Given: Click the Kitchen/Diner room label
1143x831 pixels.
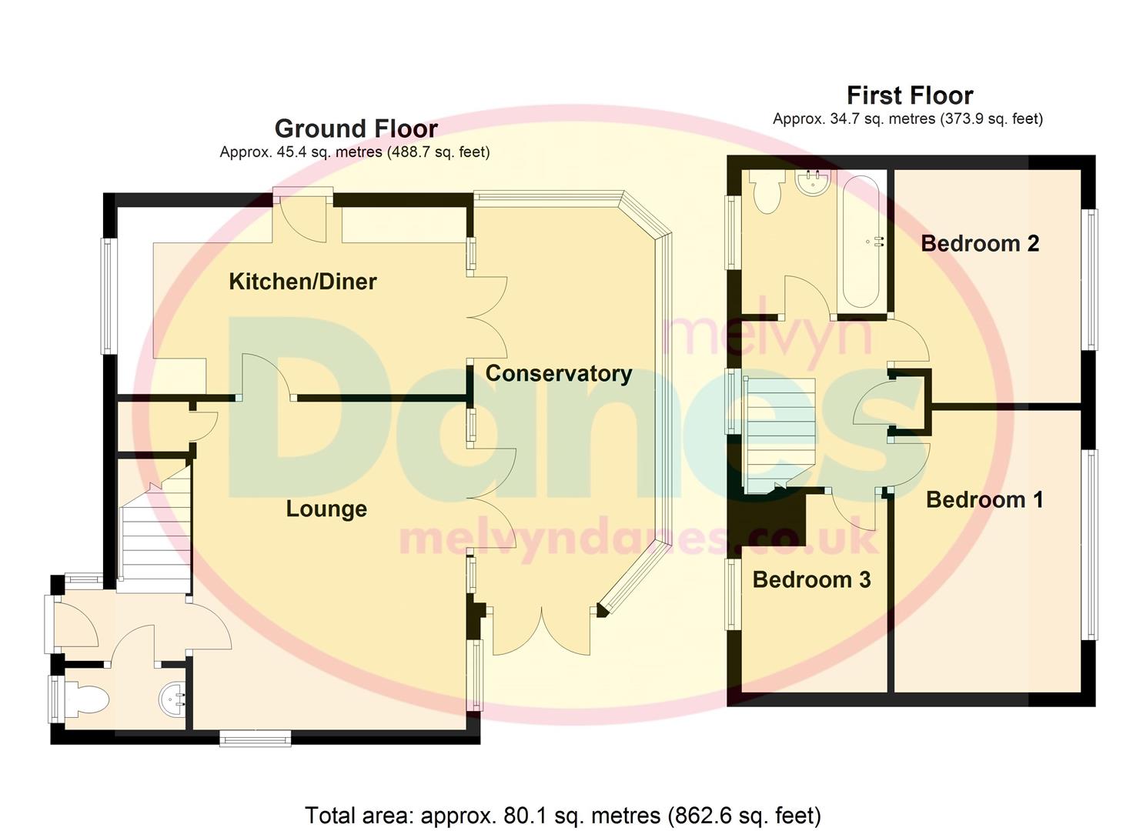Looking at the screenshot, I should tap(302, 282).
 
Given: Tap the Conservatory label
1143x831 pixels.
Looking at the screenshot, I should tap(559, 374).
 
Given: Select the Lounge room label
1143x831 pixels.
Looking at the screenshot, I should tap(326, 509).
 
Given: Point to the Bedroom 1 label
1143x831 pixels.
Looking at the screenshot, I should tap(984, 500).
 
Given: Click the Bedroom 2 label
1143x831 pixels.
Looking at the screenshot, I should tap(980, 244).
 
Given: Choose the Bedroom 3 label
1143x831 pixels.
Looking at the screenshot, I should tap(811, 579).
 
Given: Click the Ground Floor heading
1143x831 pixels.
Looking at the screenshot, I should tap(356, 128).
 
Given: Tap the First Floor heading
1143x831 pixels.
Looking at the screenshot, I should tap(910, 95).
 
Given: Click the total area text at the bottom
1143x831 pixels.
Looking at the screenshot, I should tap(563, 815).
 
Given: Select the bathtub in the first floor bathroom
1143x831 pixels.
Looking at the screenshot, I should tap(861, 242).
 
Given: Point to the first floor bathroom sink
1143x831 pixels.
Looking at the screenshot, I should tap(813, 183).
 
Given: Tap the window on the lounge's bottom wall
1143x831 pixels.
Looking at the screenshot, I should tap(256, 739).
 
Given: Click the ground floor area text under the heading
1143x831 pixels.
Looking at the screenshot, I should tap(354, 152).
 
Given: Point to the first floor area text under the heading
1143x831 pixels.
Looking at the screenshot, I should tap(907, 119).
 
